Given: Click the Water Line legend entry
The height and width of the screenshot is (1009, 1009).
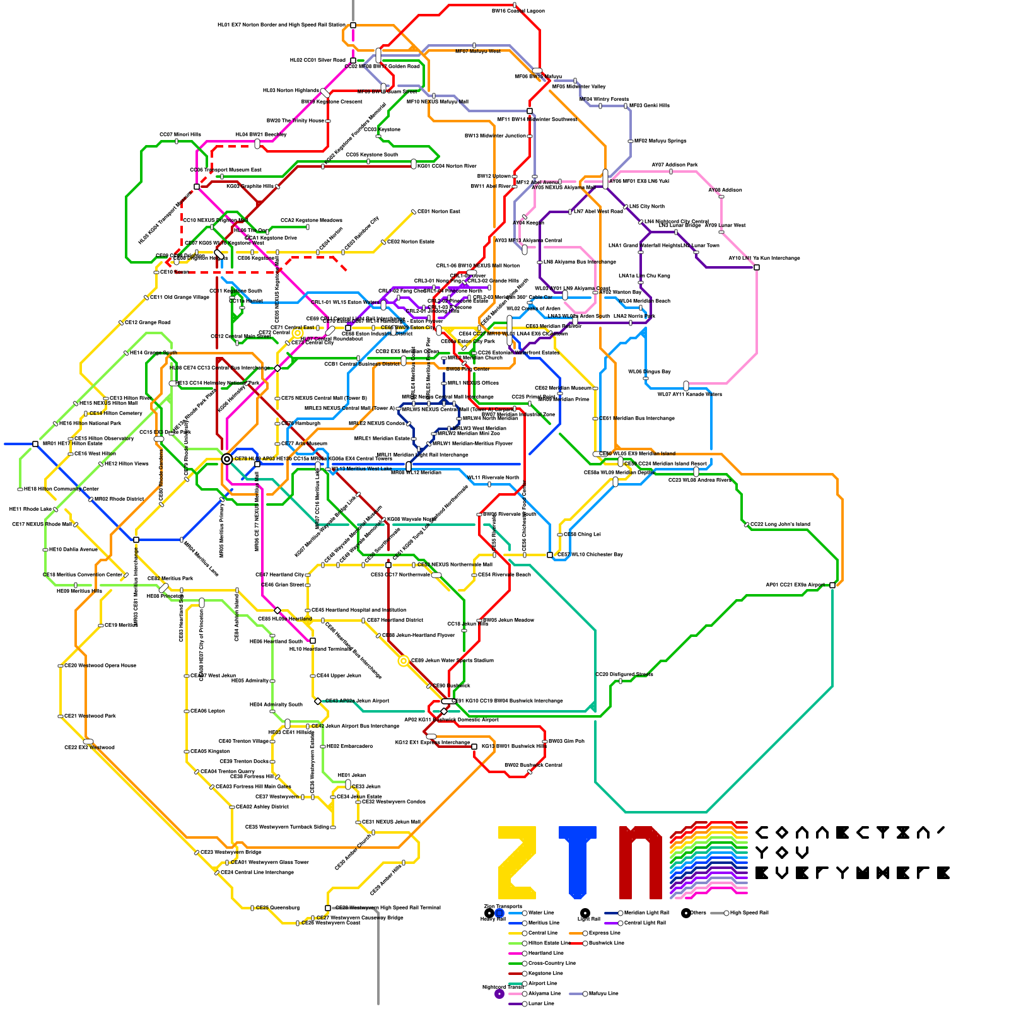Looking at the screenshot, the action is (540, 913).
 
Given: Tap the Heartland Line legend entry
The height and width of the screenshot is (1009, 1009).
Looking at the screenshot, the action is (545, 953).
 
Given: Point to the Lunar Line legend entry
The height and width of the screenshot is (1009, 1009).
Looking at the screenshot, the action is (540, 1003).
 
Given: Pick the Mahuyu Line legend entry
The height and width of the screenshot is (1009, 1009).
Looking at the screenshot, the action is (604, 993).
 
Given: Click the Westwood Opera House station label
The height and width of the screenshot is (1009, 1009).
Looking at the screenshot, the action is (100, 665).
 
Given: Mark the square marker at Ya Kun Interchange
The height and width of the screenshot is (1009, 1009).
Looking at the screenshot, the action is (757, 267).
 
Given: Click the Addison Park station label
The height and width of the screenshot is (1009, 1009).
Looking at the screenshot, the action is (675, 165).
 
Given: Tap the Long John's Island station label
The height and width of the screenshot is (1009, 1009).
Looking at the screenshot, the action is (780, 524).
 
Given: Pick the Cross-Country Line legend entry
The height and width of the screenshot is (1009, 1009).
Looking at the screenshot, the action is (551, 963).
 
